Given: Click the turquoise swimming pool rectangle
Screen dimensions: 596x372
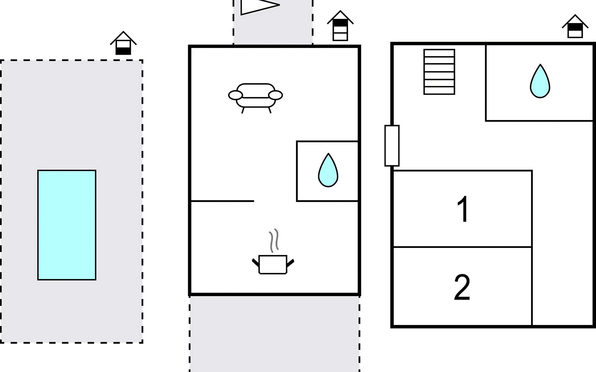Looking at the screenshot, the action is (67, 225).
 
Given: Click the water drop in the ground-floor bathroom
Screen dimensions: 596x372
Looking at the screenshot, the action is (328, 170).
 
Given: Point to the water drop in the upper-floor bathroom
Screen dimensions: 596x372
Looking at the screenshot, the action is (540, 81).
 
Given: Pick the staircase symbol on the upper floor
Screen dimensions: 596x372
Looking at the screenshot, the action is (439, 72).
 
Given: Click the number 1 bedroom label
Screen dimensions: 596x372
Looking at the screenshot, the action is (463, 209).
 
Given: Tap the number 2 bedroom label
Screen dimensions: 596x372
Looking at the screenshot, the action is (462, 287).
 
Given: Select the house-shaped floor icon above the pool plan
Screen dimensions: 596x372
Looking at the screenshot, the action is (123, 43).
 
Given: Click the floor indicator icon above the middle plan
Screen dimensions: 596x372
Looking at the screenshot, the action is (340, 26).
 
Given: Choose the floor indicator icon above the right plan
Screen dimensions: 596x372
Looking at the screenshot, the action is (575, 26).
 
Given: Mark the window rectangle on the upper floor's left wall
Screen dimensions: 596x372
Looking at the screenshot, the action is (392, 146).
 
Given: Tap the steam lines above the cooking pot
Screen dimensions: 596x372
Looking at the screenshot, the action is (273, 241).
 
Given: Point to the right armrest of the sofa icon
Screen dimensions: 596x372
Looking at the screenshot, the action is (275, 95).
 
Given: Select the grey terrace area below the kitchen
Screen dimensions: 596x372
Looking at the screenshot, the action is (274, 334).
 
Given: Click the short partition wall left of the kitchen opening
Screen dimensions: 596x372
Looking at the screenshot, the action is (222, 201).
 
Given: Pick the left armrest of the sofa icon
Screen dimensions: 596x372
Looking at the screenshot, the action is (236, 95).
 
